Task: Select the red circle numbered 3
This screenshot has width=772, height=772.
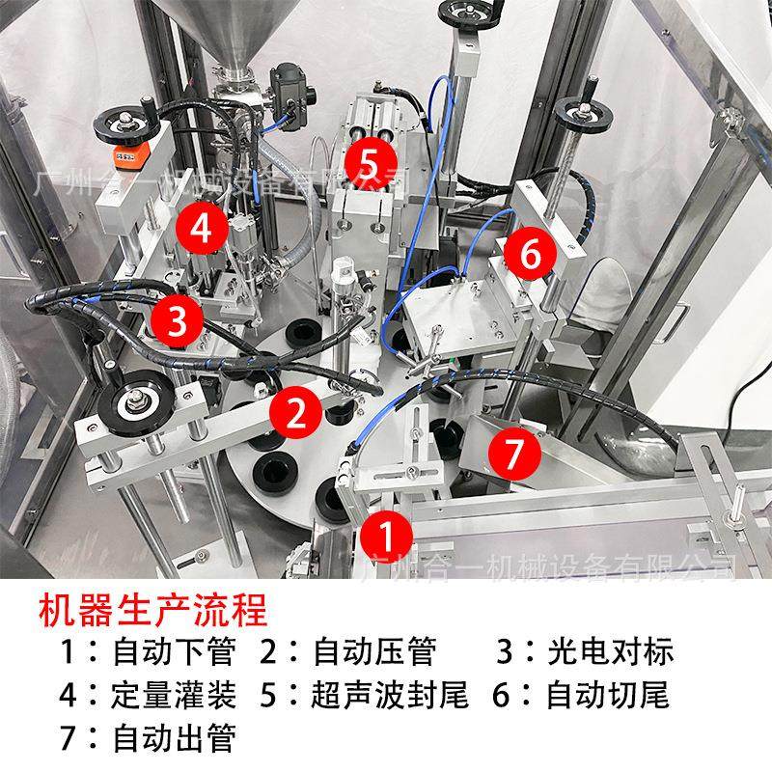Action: tap(177, 320)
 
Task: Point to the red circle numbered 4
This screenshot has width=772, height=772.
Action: tap(200, 229)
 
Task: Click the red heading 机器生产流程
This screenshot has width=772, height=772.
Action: tap(152, 610)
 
